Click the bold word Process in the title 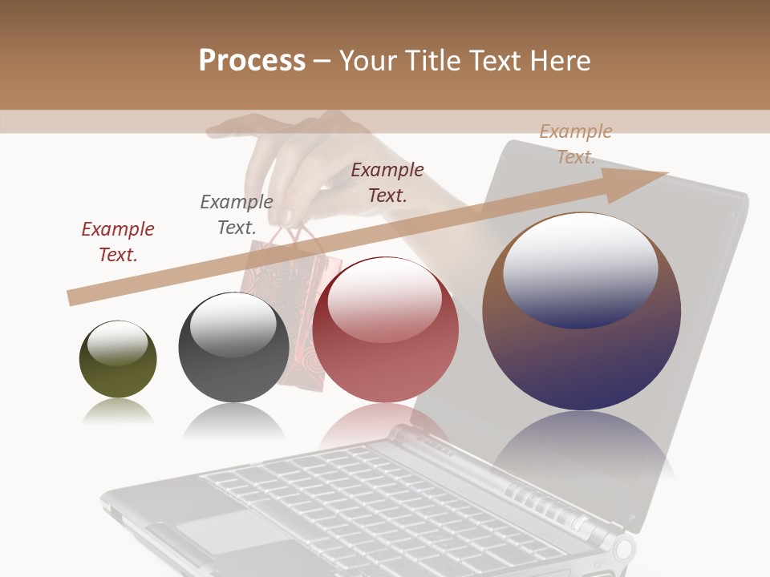(252, 61)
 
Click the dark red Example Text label (118, 242)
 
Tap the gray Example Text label (237, 215)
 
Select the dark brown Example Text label (387, 183)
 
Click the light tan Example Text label (575, 144)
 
